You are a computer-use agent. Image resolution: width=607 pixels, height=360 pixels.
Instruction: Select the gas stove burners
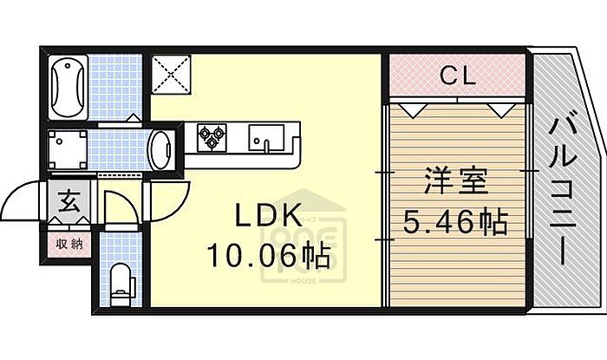pyautogui.click(x=211, y=137)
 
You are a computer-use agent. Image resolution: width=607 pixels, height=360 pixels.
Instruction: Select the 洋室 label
pyautogui.click(x=454, y=185)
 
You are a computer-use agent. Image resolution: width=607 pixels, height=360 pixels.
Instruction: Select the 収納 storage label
pyautogui.click(x=69, y=243)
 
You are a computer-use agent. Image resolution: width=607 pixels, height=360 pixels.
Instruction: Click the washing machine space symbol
pyautogui.click(x=67, y=149)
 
